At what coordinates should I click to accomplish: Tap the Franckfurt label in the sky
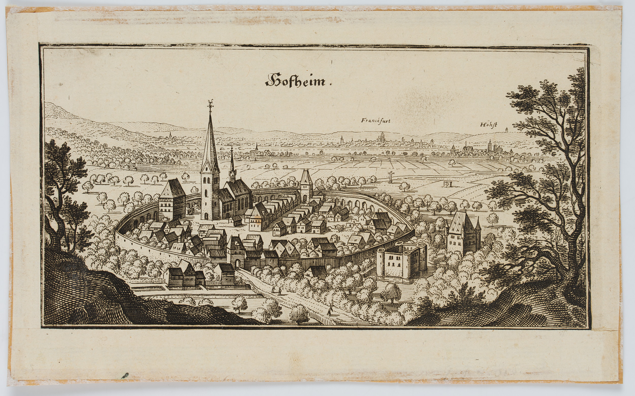(375, 121)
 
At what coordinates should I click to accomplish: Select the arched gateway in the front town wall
(237, 264)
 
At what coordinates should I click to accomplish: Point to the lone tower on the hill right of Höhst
(506, 130)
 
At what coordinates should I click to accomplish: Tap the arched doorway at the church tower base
(207, 216)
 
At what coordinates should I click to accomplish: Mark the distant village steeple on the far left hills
(170, 135)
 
